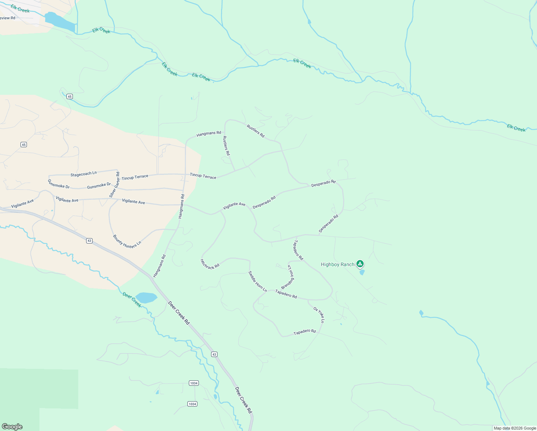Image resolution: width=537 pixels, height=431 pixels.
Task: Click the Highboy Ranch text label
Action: [x=337, y=265]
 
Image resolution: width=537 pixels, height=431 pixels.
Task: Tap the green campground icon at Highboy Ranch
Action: [x=360, y=264]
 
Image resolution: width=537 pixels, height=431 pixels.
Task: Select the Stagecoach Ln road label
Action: [x=84, y=174]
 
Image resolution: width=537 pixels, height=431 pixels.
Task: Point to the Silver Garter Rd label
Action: [x=115, y=185]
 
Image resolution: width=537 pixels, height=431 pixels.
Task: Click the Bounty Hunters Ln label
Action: [x=127, y=241]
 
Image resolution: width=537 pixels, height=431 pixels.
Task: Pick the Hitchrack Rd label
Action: [x=210, y=264]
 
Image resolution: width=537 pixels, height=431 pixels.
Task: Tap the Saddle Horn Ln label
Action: [x=258, y=281]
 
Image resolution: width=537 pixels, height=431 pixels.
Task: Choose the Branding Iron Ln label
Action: [x=288, y=277]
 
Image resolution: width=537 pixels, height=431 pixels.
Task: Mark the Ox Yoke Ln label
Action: [x=319, y=315]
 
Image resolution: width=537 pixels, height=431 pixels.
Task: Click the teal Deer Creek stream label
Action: [x=132, y=300]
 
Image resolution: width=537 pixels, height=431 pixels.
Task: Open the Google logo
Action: [x=12, y=427]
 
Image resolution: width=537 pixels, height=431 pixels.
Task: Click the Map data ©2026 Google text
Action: [x=515, y=428]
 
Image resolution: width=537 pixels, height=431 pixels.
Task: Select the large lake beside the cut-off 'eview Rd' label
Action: [x=60, y=22]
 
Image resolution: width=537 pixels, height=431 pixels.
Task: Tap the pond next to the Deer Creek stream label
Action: [x=146, y=298]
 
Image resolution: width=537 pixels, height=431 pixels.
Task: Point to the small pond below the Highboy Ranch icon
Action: [x=362, y=272]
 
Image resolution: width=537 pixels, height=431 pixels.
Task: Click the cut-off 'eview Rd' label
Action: [x=8, y=18]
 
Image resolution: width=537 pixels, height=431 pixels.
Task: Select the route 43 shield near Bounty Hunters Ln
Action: [x=89, y=241]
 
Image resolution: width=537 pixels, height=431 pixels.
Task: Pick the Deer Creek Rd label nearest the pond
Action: [x=179, y=313]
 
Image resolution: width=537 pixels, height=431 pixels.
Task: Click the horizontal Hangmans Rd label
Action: [x=209, y=133]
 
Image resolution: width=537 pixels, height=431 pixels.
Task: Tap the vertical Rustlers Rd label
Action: [x=226, y=145]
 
